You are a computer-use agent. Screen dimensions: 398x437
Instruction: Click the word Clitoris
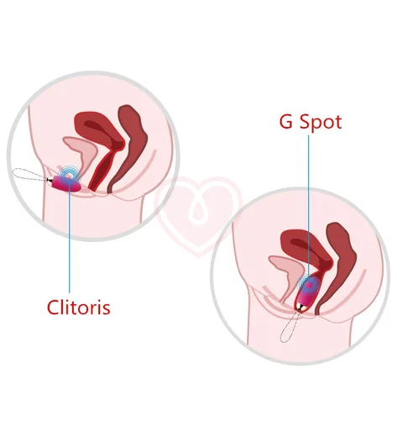79,308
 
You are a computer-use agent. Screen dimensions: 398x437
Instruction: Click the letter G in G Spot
286,122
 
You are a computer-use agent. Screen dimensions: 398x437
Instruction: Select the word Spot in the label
321,123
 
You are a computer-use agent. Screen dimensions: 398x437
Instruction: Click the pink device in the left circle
66,184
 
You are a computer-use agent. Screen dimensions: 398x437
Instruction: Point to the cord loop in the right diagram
288,327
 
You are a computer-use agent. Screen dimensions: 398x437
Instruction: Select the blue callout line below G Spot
309,210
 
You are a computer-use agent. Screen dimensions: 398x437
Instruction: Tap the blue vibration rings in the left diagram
69,176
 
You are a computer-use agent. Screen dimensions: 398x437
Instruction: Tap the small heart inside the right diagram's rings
308,285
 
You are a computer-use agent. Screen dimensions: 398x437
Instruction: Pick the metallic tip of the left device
50,180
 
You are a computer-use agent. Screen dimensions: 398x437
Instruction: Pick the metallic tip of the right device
298,308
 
